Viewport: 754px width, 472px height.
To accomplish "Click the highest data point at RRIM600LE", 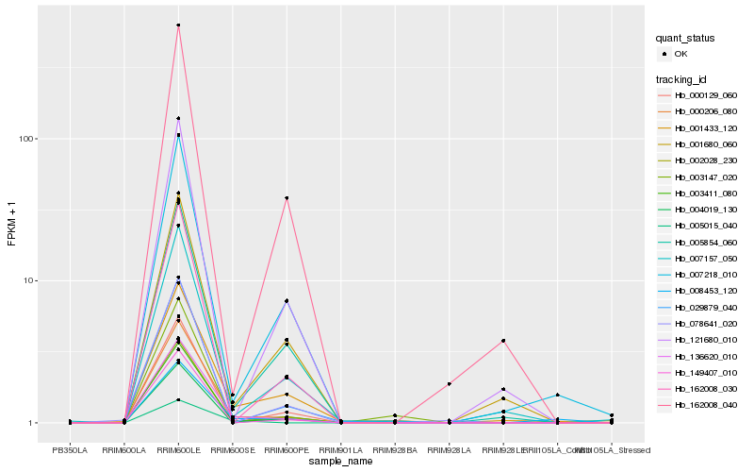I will [x=179, y=25].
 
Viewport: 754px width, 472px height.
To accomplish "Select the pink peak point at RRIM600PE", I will [x=287, y=198].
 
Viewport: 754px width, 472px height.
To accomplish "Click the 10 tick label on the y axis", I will [x=28, y=281].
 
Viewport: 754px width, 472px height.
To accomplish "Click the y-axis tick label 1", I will [x=31, y=423].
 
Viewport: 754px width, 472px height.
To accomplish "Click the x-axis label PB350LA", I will [x=70, y=450].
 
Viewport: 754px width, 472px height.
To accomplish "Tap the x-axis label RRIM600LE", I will [x=178, y=450].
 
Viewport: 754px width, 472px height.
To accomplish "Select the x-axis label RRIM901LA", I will [x=340, y=450].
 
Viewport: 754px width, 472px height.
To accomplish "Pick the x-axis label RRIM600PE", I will [x=287, y=450].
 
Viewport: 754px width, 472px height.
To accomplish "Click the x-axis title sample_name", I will [x=341, y=462].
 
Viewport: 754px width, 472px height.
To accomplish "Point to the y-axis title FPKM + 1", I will [x=12, y=225].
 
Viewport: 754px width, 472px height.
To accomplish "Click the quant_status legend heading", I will [x=685, y=38].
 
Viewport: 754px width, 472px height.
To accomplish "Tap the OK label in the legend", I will [x=681, y=54].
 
